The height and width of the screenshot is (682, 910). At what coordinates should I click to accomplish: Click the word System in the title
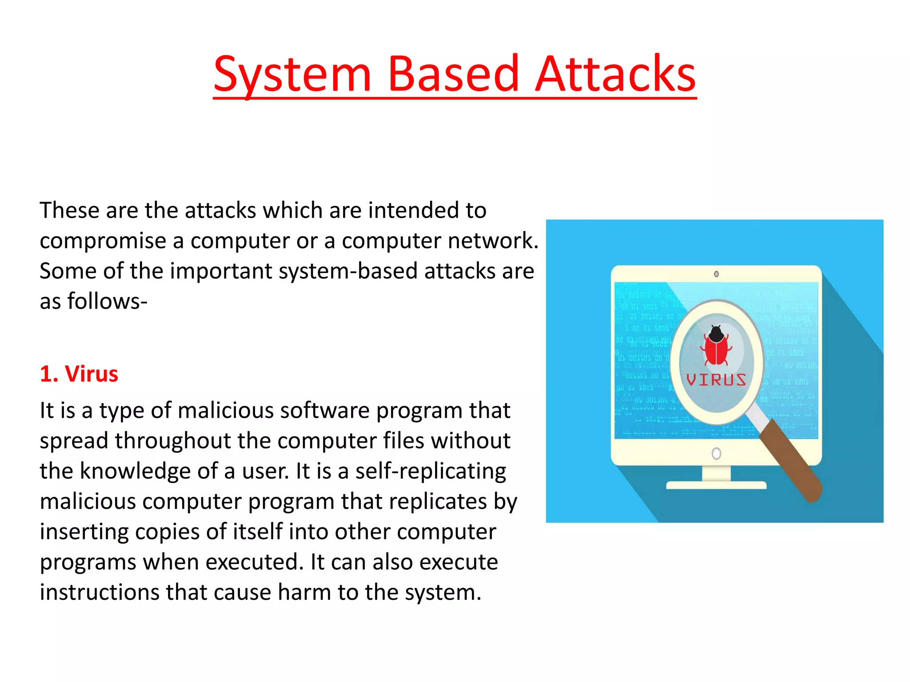(292, 75)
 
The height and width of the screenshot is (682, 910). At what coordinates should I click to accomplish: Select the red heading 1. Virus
(79, 374)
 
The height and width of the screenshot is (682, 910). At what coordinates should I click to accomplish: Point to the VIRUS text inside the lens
(716, 380)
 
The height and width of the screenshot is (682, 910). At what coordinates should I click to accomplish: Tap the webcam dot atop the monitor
(716, 274)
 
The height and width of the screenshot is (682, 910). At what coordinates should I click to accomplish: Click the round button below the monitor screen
(716, 453)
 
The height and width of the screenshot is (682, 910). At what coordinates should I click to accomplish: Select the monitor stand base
(716, 485)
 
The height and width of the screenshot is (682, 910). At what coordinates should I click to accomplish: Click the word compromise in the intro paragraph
(103, 241)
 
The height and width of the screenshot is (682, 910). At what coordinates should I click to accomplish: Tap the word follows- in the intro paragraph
(107, 301)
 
